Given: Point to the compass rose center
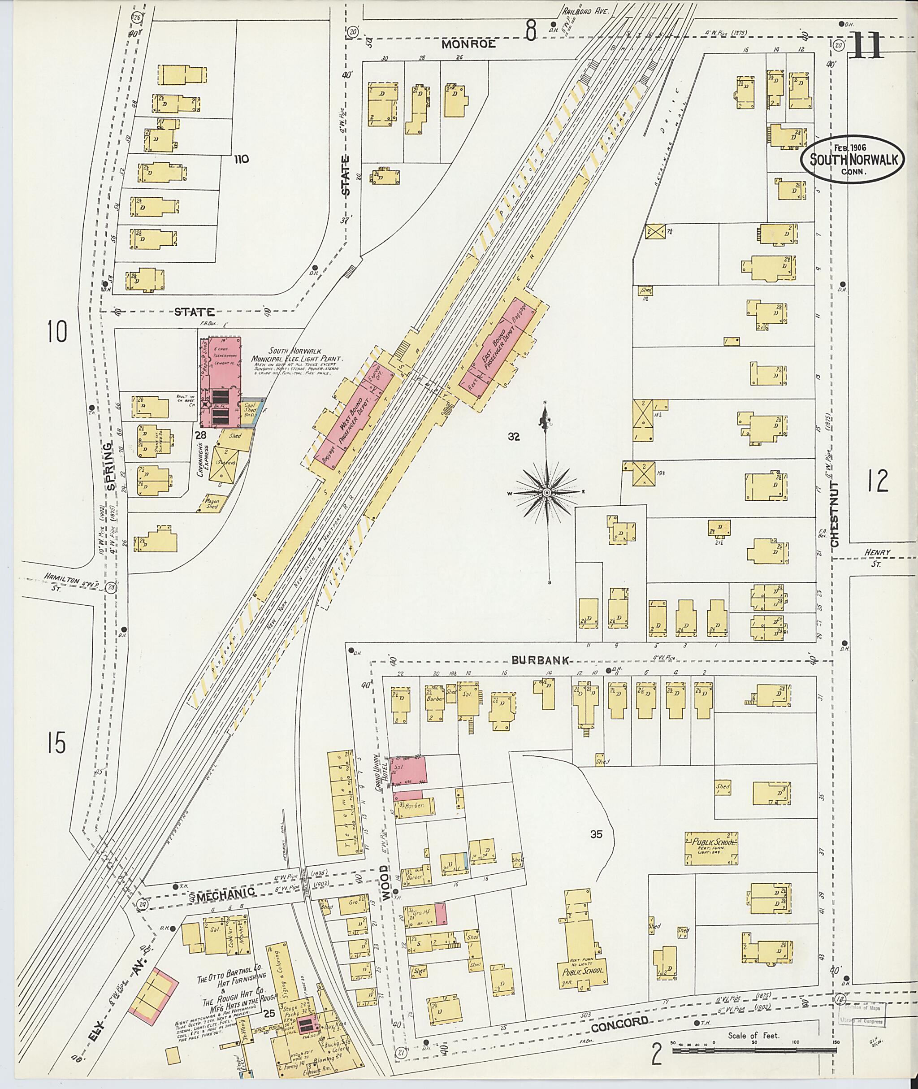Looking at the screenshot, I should click(x=547, y=492).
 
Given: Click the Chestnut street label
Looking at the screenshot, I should click(x=835, y=513).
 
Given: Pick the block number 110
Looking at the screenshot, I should click(x=241, y=159).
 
